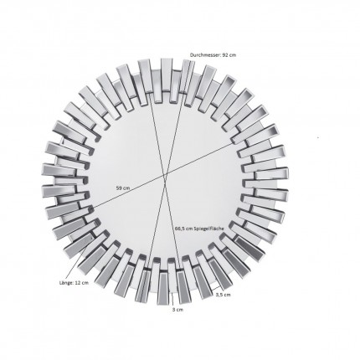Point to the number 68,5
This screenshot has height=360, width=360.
click(182, 228)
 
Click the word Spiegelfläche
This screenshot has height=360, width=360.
click(210, 228)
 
